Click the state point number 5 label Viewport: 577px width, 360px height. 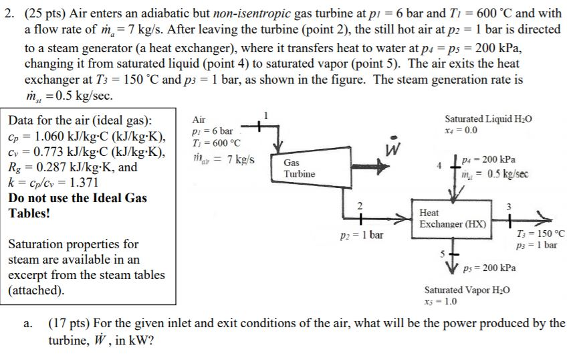(x=442, y=254)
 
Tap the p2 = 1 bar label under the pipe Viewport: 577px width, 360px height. (x=362, y=235)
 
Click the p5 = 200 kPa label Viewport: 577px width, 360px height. (x=490, y=267)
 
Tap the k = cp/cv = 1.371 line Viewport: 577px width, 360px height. (x=53, y=182)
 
